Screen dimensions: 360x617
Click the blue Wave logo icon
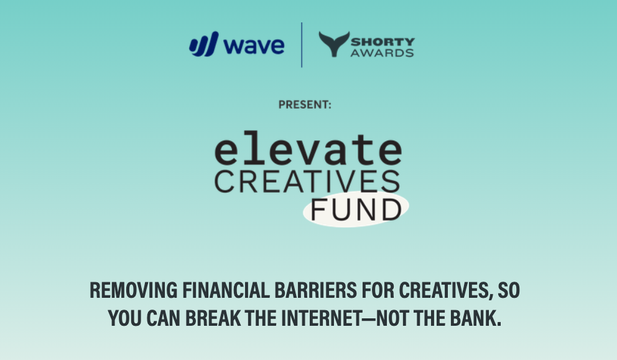tap(205, 45)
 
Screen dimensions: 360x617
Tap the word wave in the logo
tap(254, 45)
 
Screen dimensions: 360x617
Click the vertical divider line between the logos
tap(302, 45)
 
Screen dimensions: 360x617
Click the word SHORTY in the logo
tap(382, 41)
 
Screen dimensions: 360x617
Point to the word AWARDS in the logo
tap(382, 53)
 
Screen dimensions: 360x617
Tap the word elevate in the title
tap(307, 151)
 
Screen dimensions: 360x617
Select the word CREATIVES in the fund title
tap(307, 181)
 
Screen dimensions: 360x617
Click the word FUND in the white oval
tap(356, 210)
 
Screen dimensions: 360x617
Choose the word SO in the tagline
tap(506, 290)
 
